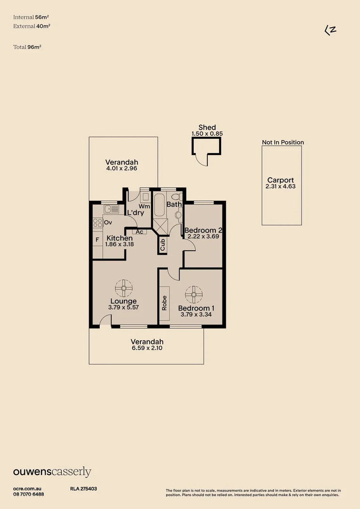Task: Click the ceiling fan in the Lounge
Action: click(x=124, y=287)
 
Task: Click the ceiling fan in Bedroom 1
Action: click(x=193, y=295)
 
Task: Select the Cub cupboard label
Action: click(x=163, y=244)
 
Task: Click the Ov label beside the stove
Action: click(x=108, y=222)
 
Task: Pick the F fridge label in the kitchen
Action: click(x=97, y=239)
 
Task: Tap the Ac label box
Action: click(x=139, y=231)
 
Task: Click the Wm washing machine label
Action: click(x=144, y=206)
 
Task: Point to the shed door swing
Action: click(x=202, y=160)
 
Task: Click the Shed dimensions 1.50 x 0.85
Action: click(x=207, y=134)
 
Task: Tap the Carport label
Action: click(x=280, y=180)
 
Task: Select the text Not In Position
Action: click(x=283, y=142)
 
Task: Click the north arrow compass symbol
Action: click(x=330, y=30)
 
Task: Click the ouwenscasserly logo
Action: click(x=52, y=472)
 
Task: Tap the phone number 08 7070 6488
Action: click(x=29, y=494)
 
